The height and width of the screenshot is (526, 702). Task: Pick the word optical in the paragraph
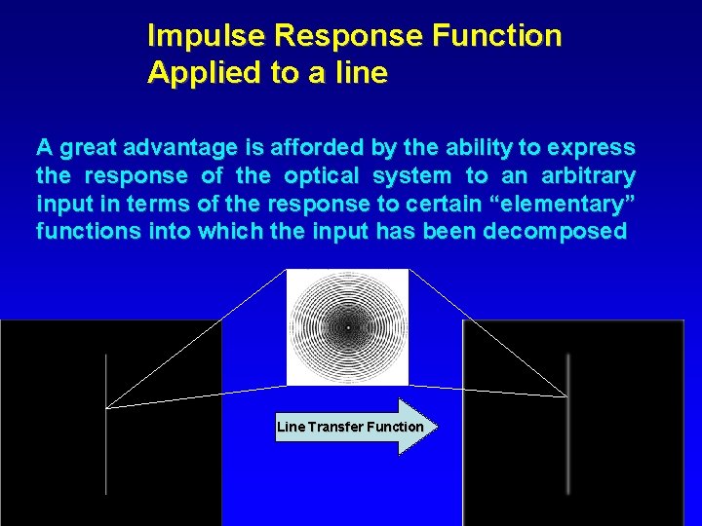coord(320,176)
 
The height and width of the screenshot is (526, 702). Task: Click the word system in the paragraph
coord(409,176)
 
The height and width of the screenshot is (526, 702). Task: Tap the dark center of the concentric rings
coord(347,327)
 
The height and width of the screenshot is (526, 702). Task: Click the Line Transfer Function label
coord(350,427)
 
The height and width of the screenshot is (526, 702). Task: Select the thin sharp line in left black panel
coord(106,429)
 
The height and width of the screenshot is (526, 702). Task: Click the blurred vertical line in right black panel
coord(568,429)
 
